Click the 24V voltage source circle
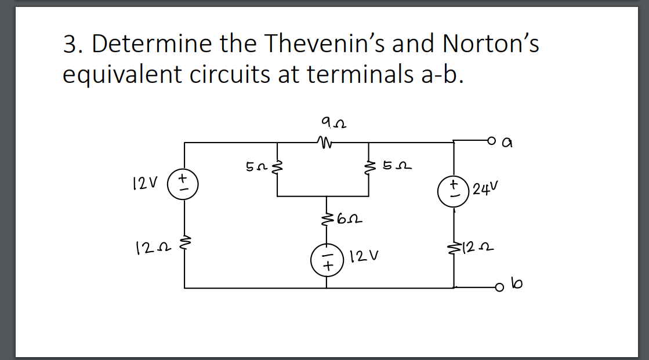pos(454,191)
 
